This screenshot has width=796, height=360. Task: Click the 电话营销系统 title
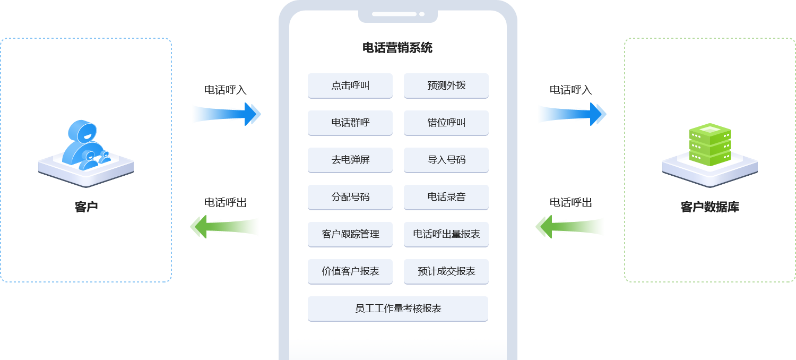click(397, 48)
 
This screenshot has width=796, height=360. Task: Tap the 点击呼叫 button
click(350, 85)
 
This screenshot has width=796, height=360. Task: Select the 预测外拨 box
click(446, 85)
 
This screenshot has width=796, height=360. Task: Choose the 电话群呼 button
click(350, 123)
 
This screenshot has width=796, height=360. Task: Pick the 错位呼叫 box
click(446, 123)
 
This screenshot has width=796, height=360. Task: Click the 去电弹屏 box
click(350, 160)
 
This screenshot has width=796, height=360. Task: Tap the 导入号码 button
click(446, 160)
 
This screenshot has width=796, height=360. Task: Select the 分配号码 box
click(350, 197)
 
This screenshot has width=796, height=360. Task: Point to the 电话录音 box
click(446, 197)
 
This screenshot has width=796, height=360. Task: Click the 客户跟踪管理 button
click(350, 234)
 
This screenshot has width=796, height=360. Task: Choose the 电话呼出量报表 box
click(446, 234)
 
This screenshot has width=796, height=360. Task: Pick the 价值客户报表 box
click(350, 271)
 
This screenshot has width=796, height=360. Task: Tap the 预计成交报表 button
click(446, 271)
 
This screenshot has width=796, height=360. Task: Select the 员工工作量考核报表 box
click(398, 308)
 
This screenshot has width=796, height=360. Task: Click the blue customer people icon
click(85, 144)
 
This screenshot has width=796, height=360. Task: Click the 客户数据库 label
click(710, 207)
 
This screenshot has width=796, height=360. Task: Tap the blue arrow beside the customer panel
click(227, 114)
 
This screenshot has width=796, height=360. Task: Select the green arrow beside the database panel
click(569, 227)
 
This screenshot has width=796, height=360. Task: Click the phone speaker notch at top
click(398, 14)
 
